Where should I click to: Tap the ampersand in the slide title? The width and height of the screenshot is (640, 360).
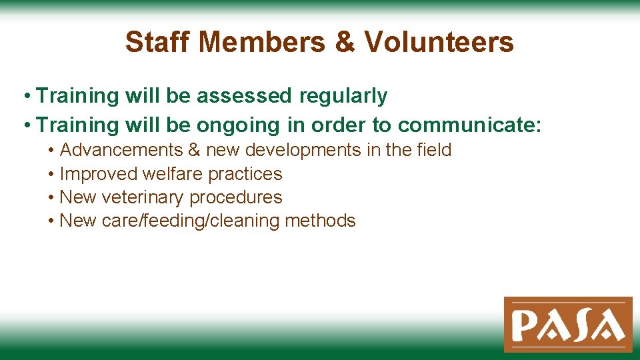(x=345, y=43)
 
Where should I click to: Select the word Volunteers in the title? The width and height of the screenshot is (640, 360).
(x=439, y=43)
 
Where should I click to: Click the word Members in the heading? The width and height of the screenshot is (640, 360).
(x=263, y=43)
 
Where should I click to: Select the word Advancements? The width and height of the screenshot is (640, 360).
(x=121, y=150)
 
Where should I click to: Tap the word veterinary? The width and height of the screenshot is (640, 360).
(x=143, y=197)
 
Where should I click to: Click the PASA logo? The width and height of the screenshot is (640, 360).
(x=568, y=324)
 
